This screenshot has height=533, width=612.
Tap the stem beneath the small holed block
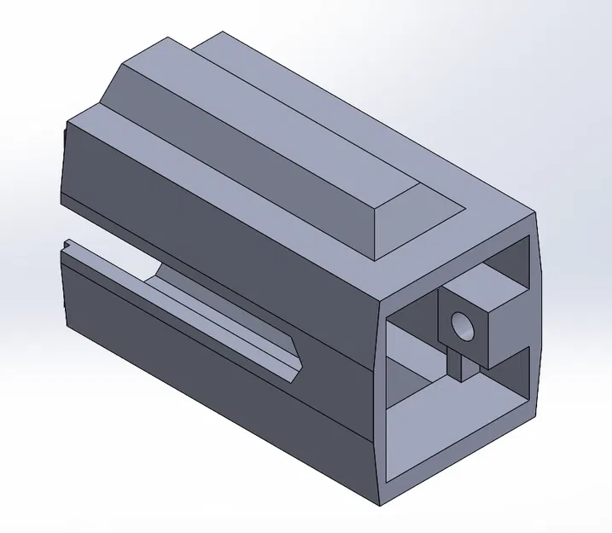(x=465, y=367)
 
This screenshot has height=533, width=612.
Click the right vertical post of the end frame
(x=538, y=341)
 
